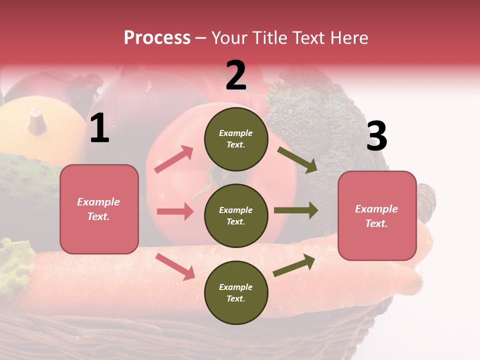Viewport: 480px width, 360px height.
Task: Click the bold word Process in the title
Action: click(x=157, y=38)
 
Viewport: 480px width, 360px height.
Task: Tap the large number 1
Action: click(x=99, y=128)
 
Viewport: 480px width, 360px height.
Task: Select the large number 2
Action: click(x=236, y=75)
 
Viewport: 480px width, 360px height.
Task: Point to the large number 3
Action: click(x=376, y=136)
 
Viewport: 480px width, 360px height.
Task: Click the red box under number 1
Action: click(x=99, y=209)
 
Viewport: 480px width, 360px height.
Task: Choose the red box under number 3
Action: click(x=377, y=216)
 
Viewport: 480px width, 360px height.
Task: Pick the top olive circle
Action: click(x=236, y=139)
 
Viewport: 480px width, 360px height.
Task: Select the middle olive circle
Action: click(x=236, y=216)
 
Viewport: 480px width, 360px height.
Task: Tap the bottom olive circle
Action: click(x=236, y=293)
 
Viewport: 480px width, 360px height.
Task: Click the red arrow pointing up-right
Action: click(x=174, y=159)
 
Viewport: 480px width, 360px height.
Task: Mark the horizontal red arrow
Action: click(x=175, y=211)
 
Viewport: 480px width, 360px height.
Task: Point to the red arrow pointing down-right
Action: click(x=175, y=266)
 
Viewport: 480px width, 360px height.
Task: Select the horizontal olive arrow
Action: click(x=295, y=210)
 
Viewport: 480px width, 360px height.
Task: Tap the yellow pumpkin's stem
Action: click(x=36, y=120)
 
